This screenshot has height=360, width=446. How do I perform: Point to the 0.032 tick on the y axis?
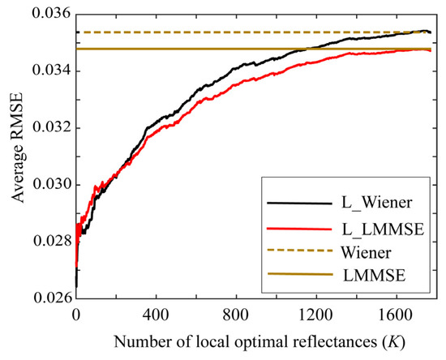(x=51, y=128)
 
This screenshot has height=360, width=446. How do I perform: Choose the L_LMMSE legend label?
(x=376, y=229)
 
